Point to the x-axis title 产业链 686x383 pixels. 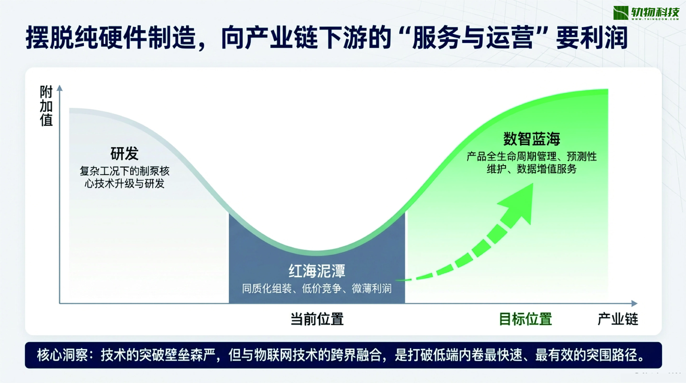pyautogui.click(x=618, y=319)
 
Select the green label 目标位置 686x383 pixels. pyautogui.click(x=525, y=319)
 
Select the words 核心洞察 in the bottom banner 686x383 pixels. pyautogui.click(x=62, y=355)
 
